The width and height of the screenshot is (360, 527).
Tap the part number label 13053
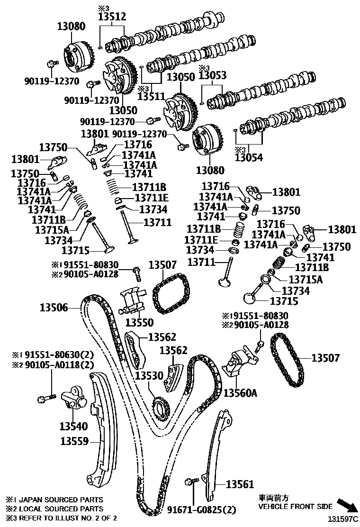pyautogui.click(x=213, y=75)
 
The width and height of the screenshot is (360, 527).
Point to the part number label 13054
pyautogui.click(x=249, y=157)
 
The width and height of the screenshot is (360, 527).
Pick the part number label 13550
pyautogui.click(x=139, y=322)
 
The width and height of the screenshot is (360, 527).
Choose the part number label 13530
pyautogui.click(x=149, y=376)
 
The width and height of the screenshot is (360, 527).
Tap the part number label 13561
pyautogui.click(x=240, y=484)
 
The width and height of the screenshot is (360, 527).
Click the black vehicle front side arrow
pyautogui.click(x=345, y=505)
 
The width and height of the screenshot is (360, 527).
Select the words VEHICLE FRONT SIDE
pyautogui.click(x=295, y=507)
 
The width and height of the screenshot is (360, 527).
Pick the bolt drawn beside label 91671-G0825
pyautogui.click(x=191, y=482)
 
